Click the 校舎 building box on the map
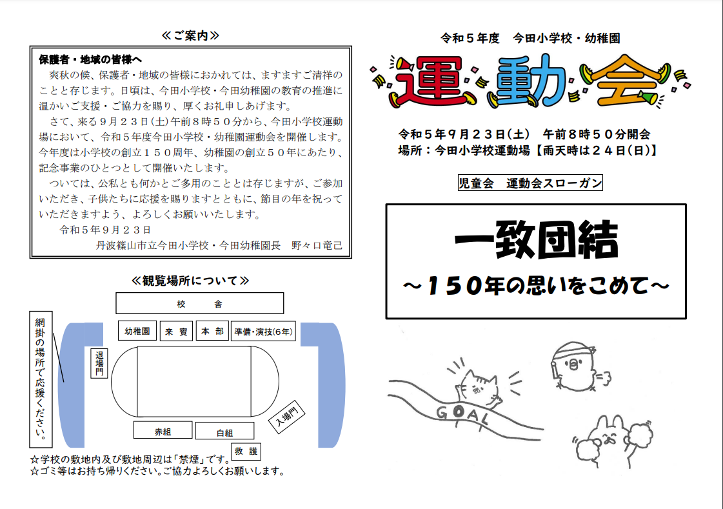(x=200, y=303)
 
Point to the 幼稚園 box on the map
(x=137, y=331)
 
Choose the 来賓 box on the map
(x=176, y=332)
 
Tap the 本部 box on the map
(x=212, y=331)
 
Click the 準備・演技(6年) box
(x=263, y=332)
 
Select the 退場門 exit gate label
(x=99, y=363)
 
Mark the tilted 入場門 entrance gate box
(x=287, y=416)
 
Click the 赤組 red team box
(x=163, y=430)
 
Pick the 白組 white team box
(x=224, y=431)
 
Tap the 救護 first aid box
(x=246, y=451)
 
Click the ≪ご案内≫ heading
(x=190, y=35)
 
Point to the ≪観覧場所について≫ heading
(x=190, y=281)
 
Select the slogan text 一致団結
(x=536, y=240)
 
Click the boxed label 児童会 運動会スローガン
(x=530, y=183)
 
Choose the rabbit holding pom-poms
(x=611, y=441)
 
